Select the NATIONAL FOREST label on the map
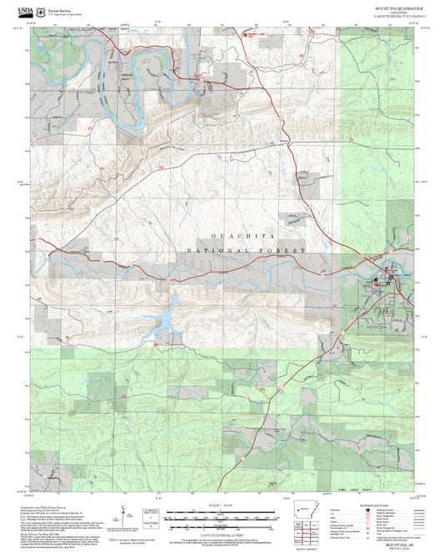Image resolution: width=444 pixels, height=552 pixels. [247, 250]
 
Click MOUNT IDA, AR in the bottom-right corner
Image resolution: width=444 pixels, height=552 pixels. [397, 543]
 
